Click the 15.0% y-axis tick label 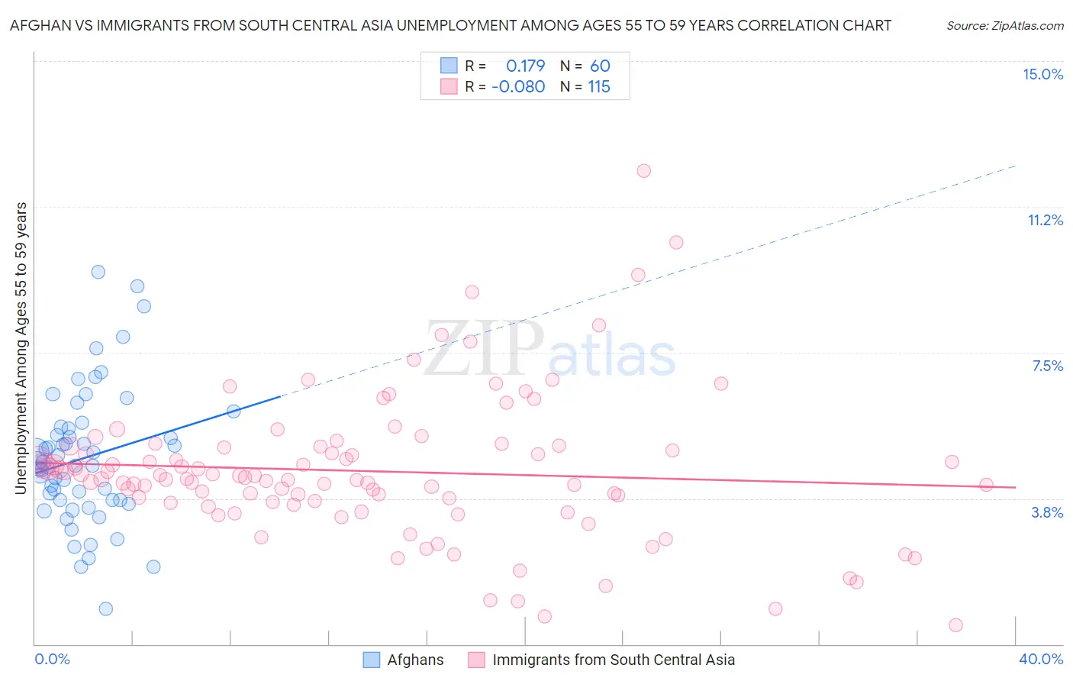pos(1042,74)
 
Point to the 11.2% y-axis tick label pos(1045,220)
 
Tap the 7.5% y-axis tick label pos(1047,366)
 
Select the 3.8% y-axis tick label pos(1047,512)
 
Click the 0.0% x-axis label pos(52,659)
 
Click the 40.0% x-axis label pos(1040,659)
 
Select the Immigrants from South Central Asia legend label pos(613,660)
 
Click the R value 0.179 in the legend pos(525,66)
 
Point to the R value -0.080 pos(518,87)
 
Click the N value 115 pos(599,87)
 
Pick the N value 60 pos(600,66)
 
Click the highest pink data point pos(643,171)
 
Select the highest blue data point pos(98,272)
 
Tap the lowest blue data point pos(106,608)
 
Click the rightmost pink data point pos(986,485)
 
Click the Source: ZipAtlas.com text pos(1004,26)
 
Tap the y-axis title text pos(21,348)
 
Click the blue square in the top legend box pos(449,66)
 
